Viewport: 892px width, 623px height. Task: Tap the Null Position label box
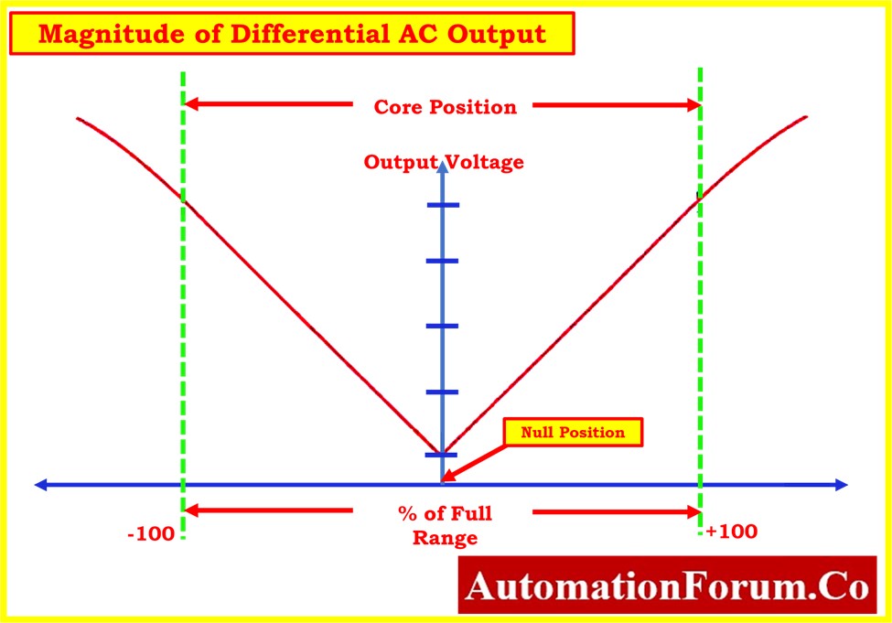(573, 433)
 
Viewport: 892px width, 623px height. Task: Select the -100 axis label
(151, 534)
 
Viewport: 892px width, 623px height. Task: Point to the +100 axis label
(732, 532)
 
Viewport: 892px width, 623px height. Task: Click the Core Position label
(445, 107)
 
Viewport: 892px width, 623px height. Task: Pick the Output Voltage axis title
(444, 162)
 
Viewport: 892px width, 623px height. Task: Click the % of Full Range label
(445, 526)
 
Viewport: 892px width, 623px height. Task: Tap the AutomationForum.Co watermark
(667, 585)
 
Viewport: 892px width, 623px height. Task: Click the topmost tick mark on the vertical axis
(443, 205)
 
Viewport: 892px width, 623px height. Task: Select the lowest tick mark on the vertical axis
(442, 455)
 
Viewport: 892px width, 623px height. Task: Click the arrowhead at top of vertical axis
(443, 166)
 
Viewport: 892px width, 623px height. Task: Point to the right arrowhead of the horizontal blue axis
(842, 485)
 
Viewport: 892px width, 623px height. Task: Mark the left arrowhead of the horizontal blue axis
(41, 485)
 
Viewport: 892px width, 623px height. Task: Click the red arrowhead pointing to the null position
(448, 475)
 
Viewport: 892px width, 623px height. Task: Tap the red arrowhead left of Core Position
(192, 104)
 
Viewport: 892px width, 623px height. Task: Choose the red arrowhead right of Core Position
(693, 105)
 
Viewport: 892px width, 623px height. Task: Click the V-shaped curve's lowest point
(441, 454)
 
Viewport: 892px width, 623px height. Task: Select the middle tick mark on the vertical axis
(442, 326)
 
